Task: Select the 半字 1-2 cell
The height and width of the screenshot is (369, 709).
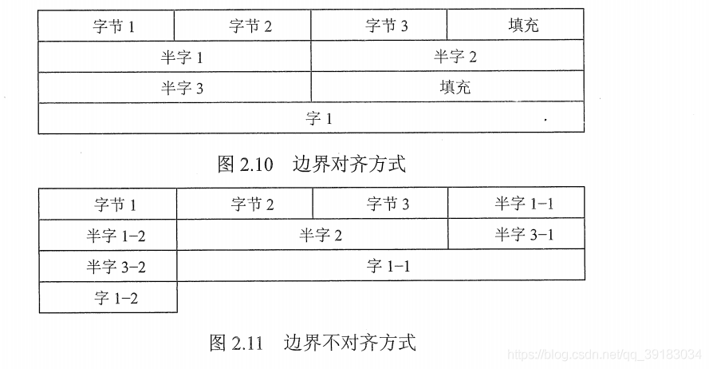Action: [x=108, y=236]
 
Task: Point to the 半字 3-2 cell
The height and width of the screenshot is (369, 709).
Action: [x=108, y=267]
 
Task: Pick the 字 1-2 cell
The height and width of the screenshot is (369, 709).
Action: [x=108, y=298]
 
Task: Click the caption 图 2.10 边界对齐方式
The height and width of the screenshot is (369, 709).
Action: [x=311, y=165]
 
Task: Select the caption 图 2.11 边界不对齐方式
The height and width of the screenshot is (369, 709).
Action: [x=312, y=343]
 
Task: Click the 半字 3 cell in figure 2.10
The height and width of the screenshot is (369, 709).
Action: [x=175, y=87]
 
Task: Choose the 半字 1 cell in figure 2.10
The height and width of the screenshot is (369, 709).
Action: [x=175, y=57]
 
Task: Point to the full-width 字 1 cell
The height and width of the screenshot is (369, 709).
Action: [x=311, y=118]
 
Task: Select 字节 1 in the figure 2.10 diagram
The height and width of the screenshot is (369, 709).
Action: [x=106, y=25]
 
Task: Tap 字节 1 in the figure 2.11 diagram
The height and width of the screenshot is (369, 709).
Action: [x=108, y=204]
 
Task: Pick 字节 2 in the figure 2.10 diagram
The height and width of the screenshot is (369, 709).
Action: [x=242, y=25]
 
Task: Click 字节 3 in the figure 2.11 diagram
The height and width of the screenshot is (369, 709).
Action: [x=380, y=204]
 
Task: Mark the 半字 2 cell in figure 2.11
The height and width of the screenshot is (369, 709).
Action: [x=312, y=235]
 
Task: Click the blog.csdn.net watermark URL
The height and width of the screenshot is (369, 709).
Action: [x=606, y=352]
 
